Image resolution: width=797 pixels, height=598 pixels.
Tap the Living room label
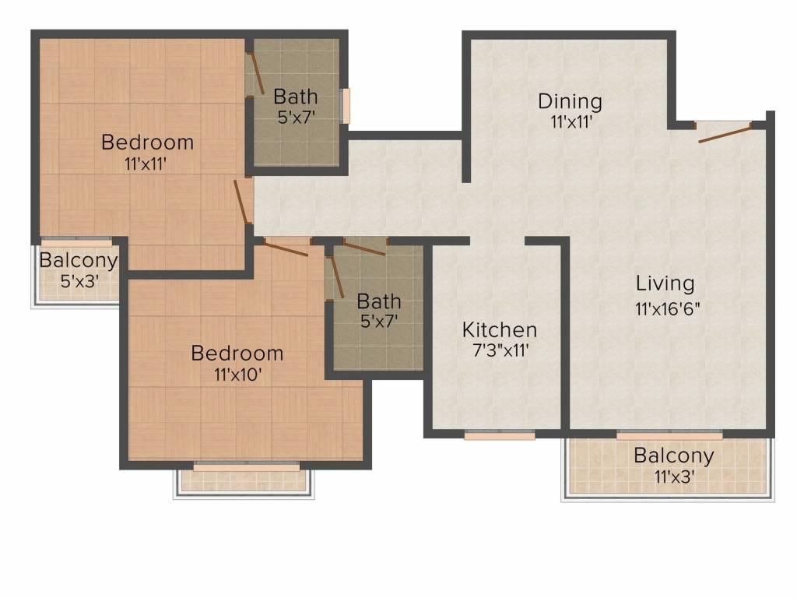point(665,283)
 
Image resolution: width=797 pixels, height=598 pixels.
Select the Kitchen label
point(499,330)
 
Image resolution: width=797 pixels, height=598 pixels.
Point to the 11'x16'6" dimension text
point(667,308)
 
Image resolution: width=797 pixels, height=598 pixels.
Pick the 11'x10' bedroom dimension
point(237,375)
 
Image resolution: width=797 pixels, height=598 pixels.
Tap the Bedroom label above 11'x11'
point(147,142)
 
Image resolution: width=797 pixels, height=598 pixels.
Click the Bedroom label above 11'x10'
point(237,353)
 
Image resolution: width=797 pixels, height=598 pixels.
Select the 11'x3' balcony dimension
point(674,477)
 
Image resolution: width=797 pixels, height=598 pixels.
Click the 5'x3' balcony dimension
point(79,280)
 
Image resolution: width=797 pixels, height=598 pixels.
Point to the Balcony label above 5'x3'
point(79,260)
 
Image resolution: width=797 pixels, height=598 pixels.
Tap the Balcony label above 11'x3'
point(673,456)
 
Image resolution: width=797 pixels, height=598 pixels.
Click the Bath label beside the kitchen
point(379,301)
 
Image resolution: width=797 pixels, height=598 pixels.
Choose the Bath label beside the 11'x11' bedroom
point(295,96)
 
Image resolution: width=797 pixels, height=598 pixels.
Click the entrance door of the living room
point(725,132)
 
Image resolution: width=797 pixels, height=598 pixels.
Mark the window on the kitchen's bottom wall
point(499,435)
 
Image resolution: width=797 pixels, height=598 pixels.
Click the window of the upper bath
point(345,106)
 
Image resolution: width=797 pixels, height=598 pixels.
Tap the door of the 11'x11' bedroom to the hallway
point(241,202)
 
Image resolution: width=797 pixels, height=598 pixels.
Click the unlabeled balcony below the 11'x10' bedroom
point(244,480)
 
